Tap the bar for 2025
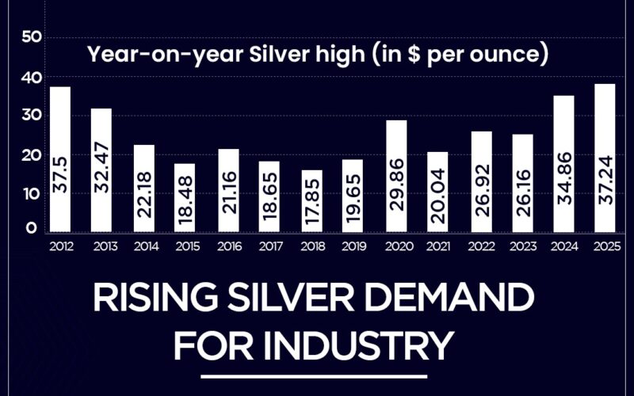point(605,158)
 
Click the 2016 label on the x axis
point(228,246)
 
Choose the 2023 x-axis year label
point(522,246)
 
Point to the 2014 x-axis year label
point(144,246)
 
